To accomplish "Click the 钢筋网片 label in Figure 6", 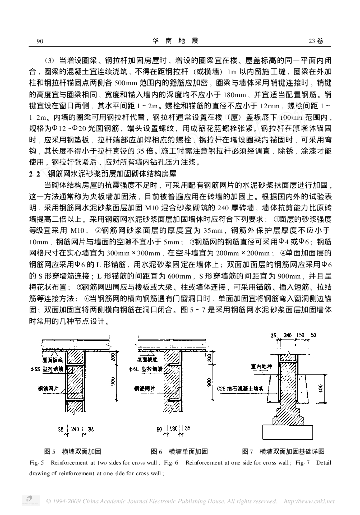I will [143, 389].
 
